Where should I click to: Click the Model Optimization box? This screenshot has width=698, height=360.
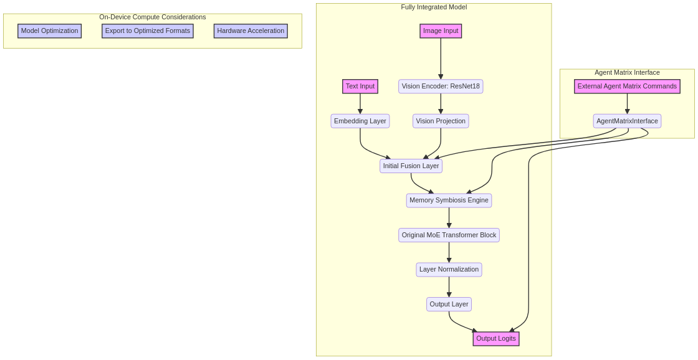(49, 31)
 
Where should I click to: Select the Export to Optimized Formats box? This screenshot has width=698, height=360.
(148, 31)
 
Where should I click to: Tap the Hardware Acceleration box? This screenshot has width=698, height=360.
(251, 31)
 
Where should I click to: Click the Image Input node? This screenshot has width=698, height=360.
(441, 31)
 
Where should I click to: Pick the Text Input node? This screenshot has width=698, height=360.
(360, 87)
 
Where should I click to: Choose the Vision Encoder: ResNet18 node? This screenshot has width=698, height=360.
(441, 87)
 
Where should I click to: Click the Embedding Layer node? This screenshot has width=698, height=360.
(360, 121)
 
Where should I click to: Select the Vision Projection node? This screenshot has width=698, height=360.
(441, 121)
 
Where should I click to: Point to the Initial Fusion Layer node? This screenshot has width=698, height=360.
(411, 166)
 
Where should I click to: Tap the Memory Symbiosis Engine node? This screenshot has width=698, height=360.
(449, 201)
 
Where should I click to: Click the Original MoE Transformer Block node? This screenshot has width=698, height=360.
(449, 235)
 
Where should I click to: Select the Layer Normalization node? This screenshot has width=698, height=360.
(449, 270)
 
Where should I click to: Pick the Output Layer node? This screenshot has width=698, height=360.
(449, 305)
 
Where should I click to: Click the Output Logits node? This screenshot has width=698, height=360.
(496, 339)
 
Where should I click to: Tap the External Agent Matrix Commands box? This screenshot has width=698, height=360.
(627, 87)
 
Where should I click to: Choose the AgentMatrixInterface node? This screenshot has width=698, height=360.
(627, 121)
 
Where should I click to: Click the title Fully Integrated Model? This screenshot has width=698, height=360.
(434, 7)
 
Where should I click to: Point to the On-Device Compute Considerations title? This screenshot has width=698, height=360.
(153, 17)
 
